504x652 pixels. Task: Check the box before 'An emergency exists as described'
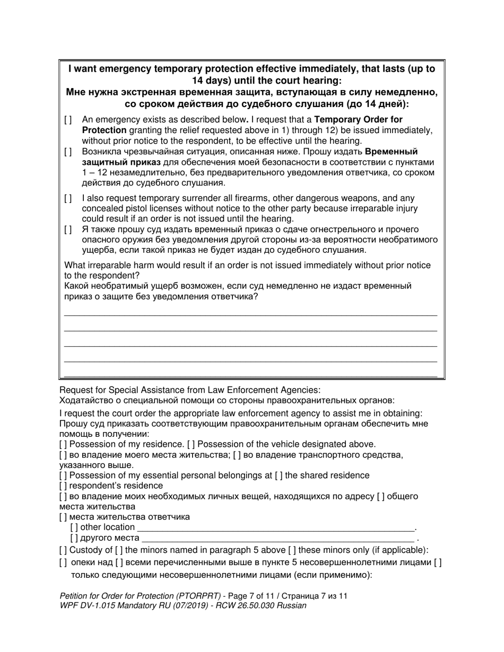pyautogui.click(x=68, y=120)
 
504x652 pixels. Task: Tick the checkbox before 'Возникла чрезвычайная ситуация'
pyautogui.click(x=68, y=152)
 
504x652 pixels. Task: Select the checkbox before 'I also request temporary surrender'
pyautogui.click(x=68, y=198)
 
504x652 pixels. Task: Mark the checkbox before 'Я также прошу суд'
pyautogui.click(x=68, y=230)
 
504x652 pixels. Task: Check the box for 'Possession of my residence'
pyautogui.click(x=63, y=445)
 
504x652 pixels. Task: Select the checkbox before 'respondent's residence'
pyautogui.click(x=63, y=486)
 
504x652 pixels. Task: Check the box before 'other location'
pyautogui.click(x=74, y=527)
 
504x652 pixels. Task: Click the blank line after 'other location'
pyautogui.click(x=276, y=528)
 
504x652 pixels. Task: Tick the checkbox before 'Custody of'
pyautogui.click(x=63, y=550)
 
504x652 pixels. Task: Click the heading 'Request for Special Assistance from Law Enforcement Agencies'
pyautogui.click(x=190, y=390)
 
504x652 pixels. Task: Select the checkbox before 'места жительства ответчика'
pyautogui.click(x=63, y=517)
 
